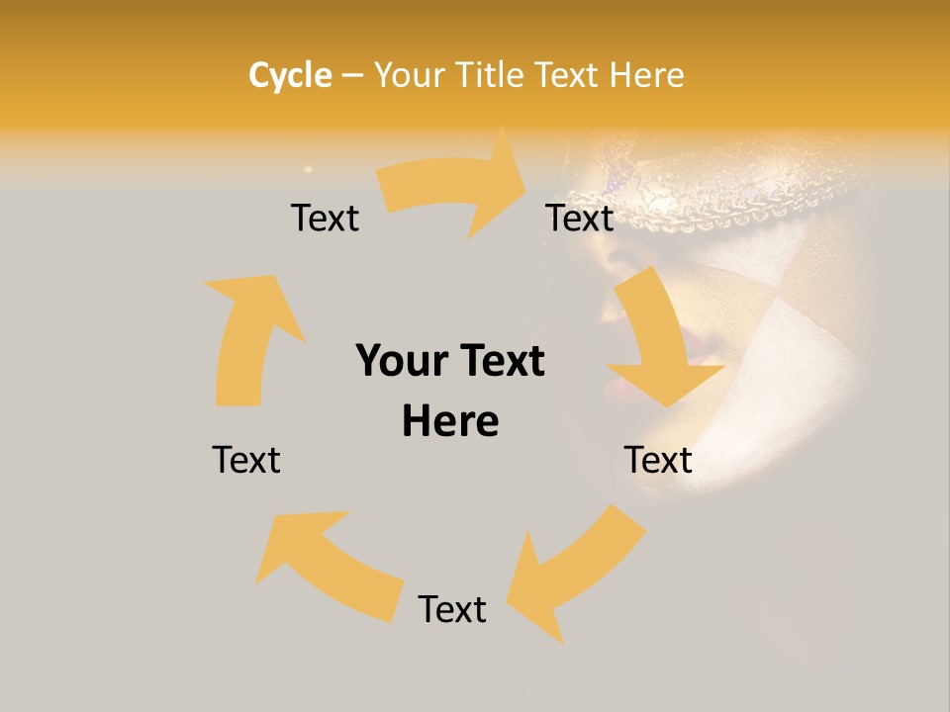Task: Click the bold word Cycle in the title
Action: point(290,75)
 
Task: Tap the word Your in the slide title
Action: point(408,75)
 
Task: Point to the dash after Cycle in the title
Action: point(352,75)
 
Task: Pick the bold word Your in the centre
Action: point(401,361)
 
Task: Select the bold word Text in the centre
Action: point(499,361)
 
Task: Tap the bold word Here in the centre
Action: point(450,421)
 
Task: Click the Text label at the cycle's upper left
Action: point(325,218)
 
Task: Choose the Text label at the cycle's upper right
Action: point(580,218)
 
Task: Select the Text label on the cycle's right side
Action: point(658,460)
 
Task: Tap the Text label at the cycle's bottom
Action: point(452,609)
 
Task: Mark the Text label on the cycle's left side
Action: point(246,460)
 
